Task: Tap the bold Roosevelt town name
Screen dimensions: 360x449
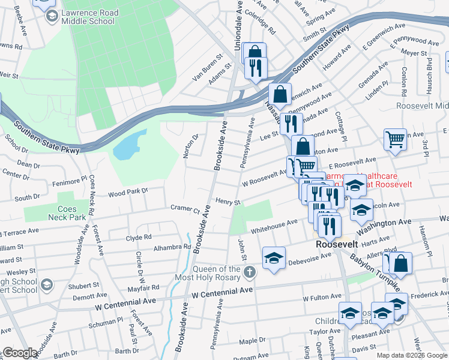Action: coord(337,245)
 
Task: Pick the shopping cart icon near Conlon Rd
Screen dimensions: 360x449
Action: coord(395,139)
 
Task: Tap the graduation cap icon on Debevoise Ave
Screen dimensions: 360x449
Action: coord(274,257)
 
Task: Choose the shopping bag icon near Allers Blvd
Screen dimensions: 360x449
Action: coord(403,262)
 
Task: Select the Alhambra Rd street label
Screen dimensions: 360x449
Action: coord(171,247)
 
